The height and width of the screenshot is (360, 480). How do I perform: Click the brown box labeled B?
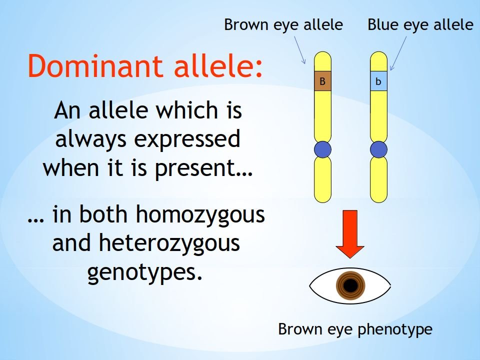pyautogui.click(x=322, y=81)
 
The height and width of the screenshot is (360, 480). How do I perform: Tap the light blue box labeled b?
pyautogui.click(x=378, y=81)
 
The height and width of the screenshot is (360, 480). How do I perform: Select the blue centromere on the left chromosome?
pyautogui.click(x=322, y=149)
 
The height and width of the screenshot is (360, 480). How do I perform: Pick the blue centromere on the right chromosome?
pyautogui.click(x=378, y=149)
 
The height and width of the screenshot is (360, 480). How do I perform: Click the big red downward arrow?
pyautogui.click(x=350, y=234)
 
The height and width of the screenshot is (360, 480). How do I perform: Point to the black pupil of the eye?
pyautogui.click(x=351, y=285)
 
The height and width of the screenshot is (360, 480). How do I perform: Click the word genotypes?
pyautogui.click(x=145, y=272)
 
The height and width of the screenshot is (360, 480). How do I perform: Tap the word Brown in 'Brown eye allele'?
pyautogui.click(x=246, y=24)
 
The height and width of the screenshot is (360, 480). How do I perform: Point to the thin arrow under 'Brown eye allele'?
pyautogui.click(x=300, y=50)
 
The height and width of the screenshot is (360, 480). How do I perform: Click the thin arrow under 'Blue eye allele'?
pyautogui.click(x=398, y=53)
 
